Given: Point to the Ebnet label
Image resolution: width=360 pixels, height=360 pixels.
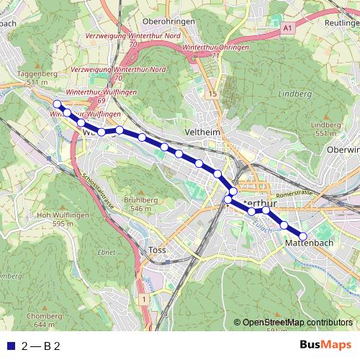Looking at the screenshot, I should point(107,251).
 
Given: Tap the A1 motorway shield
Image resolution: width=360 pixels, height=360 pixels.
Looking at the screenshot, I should point(288,27).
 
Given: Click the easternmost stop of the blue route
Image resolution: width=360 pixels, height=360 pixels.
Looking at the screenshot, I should point(303,236).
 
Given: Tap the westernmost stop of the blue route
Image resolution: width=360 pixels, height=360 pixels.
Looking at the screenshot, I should point(57,104).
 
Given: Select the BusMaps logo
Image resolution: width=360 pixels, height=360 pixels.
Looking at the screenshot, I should point(325,346).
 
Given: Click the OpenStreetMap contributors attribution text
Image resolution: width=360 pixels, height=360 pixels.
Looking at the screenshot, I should point(297,323).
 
